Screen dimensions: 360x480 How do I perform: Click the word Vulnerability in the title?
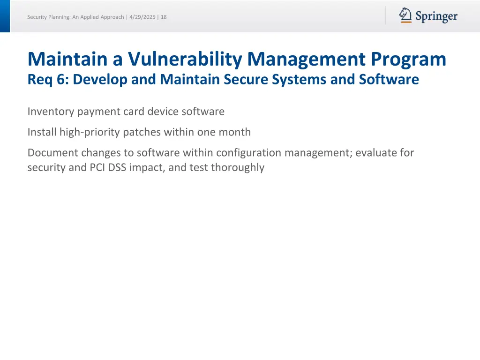coord(186,60)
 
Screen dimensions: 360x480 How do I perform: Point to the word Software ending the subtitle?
coord(389,80)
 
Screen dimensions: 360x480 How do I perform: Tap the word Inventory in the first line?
coord(51,112)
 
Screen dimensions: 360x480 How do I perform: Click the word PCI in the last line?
coord(97,167)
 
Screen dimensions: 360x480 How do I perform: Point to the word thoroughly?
coord(238,167)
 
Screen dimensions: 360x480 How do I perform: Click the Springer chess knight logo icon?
coord(405,15)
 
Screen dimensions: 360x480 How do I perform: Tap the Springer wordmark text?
coord(436,17)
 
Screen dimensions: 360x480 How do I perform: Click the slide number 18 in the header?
coord(164,17)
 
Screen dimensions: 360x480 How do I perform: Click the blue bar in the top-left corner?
coord(5,16)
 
